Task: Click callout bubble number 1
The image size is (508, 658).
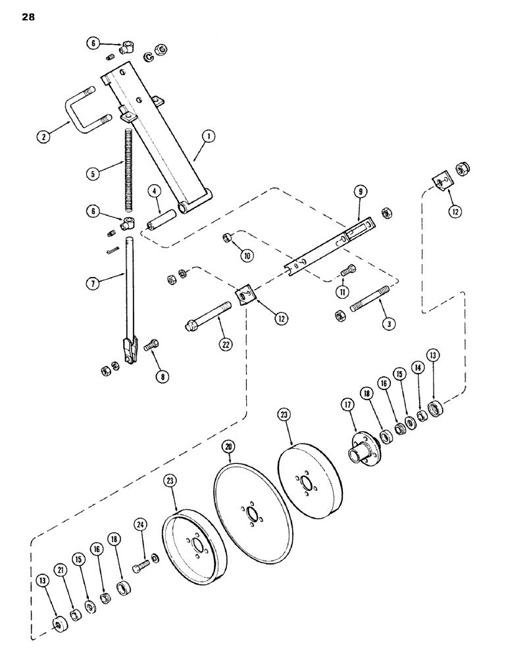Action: (x=208, y=137)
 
